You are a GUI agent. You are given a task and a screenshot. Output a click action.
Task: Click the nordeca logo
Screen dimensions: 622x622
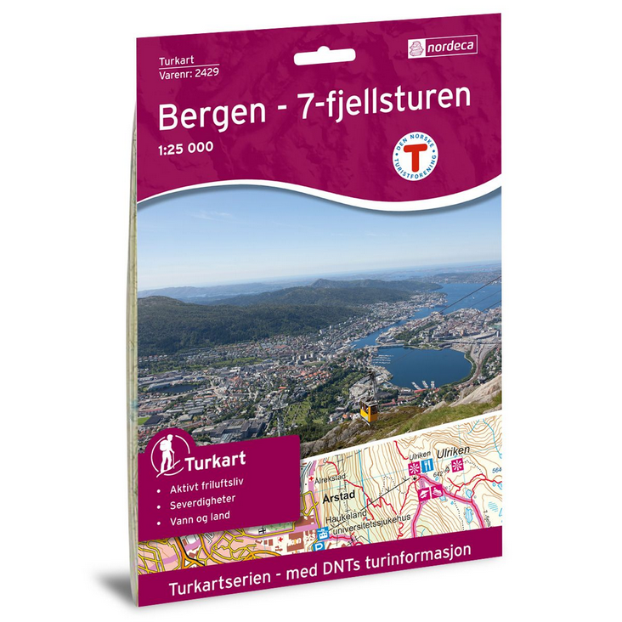[x=442, y=46]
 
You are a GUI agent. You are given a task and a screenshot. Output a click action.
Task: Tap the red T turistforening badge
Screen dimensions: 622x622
[x=415, y=157]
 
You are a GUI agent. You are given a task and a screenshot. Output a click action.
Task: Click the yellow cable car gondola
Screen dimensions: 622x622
[x=368, y=410]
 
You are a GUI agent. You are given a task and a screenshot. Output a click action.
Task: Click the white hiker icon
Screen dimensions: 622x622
[x=166, y=460]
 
